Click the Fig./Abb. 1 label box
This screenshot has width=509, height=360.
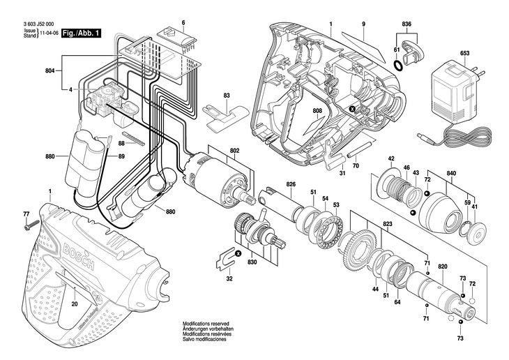[79, 33]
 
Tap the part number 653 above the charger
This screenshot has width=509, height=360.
[464, 54]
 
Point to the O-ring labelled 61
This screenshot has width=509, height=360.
[398, 64]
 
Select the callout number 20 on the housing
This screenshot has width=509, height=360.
[74, 304]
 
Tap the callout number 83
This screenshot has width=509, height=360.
[227, 95]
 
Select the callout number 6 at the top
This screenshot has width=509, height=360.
[183, 23]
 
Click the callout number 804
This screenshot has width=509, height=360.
[50, 70]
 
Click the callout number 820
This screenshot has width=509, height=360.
[442, 267]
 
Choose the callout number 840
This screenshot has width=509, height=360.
[451, 172]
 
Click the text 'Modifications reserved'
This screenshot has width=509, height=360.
[208, 324]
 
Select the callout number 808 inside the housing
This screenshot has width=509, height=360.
[317, 111]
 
